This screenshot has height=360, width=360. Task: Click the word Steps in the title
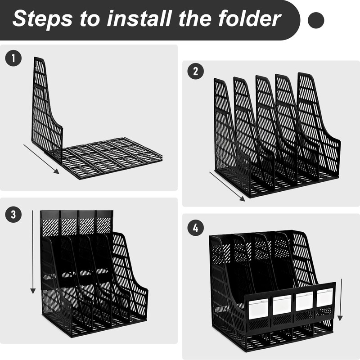click(43, 19)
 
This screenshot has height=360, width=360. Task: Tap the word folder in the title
click(250, 18)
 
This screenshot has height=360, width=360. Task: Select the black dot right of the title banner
click(316, 20)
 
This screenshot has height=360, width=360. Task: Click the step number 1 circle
click(13, 58)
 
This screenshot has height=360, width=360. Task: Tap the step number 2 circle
click(196, 71)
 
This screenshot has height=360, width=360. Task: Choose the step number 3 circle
click(13, 215)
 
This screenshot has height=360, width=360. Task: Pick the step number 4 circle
click(196, 228)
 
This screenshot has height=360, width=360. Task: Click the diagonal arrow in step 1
click(41, 159)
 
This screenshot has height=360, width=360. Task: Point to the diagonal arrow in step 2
click(227, 186)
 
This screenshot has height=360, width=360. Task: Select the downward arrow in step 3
click(33, 252)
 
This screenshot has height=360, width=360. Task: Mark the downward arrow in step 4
click(340, 300)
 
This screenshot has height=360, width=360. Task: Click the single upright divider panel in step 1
click(47, 110)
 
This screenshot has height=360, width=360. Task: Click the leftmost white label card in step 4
click(258, 309)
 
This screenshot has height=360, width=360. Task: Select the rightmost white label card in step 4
click(325, 298)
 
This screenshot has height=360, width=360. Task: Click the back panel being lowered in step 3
click(76, 223)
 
